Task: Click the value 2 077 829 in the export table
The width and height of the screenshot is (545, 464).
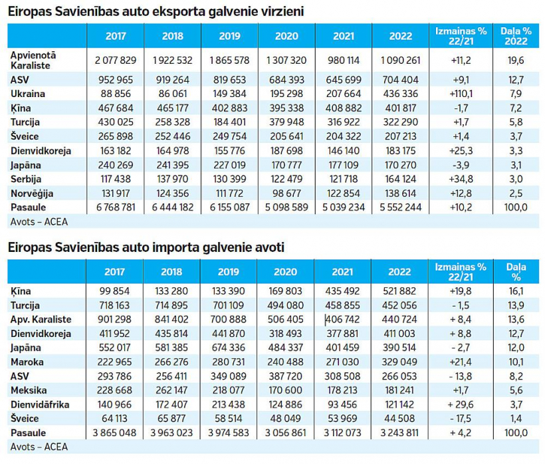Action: point(116,60)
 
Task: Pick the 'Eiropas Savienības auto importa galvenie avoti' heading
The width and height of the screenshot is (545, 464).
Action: point(146,247)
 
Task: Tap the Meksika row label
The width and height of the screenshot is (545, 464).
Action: point(28,390)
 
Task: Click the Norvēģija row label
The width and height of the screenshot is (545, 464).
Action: point(32,193)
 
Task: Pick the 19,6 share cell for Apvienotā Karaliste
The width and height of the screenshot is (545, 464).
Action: point(516,60)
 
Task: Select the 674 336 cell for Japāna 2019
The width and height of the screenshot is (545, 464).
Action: point(229,348)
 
